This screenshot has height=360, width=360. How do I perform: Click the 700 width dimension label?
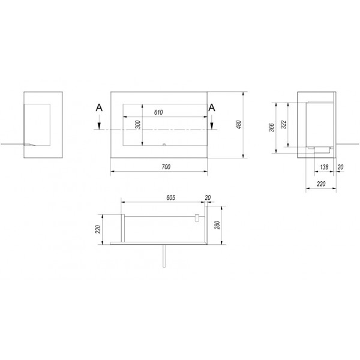(166, 167)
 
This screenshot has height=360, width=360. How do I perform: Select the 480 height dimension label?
(239, 124)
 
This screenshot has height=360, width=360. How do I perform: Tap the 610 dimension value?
(158, 112)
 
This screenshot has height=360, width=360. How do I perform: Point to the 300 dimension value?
(138, 125)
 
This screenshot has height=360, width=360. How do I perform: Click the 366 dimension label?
(272, 128)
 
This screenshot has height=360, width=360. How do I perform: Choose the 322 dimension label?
(284, 124)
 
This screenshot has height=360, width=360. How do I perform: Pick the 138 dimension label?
(324, 167)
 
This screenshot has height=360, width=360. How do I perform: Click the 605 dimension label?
(170, 197)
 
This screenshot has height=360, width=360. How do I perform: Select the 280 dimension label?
(217, 225)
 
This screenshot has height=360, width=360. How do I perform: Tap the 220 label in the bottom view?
(98, 229)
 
